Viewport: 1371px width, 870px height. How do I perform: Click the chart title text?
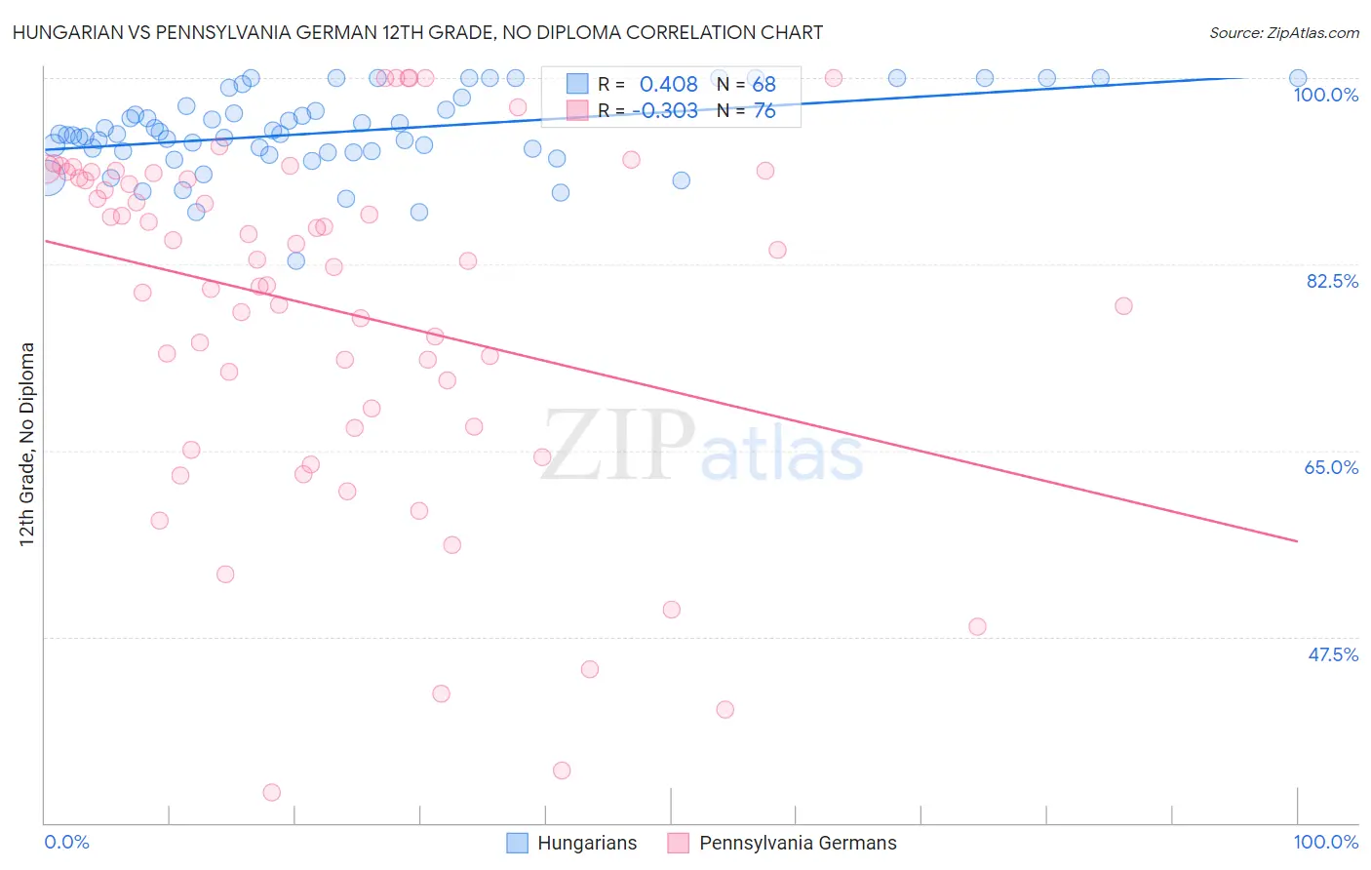tap(417, 32)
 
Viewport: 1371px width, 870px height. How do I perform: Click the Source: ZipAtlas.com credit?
tap(1283, 32)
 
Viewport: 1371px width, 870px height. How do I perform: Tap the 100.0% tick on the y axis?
tap(1325, 95)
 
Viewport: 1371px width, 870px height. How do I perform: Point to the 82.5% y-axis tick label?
tap(1332, 281)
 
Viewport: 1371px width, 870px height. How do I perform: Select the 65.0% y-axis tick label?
tap(1331, 467)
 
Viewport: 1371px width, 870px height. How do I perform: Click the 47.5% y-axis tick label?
tap(1332, 654)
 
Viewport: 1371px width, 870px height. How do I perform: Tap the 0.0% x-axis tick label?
tap(66, 842)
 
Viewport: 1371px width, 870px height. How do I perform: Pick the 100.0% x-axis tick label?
tap(1325, 842)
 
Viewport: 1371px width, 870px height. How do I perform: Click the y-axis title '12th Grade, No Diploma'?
tap(27, 444)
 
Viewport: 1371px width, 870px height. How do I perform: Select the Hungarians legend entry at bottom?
tap(572, 843)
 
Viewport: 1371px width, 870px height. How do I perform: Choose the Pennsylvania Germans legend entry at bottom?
tap(782, 843)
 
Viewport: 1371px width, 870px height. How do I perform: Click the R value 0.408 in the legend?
tap(668, 85)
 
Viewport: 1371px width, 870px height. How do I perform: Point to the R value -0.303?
tap(664, 111)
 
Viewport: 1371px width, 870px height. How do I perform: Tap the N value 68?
tap(764, 85)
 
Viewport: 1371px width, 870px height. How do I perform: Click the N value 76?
tap(764, 111)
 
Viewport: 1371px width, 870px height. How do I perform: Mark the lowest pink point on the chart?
tap(272, 793)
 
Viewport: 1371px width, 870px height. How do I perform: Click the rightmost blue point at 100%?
tap(1298, 78)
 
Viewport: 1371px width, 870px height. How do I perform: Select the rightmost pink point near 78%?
tap(1123, 306)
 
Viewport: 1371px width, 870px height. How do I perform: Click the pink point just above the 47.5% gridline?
tap(977, 626)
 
